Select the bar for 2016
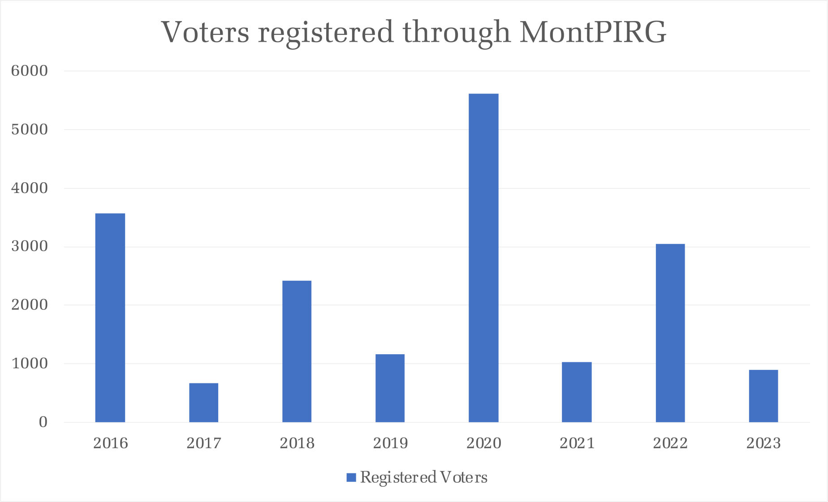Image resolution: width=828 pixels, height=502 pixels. (110, 318)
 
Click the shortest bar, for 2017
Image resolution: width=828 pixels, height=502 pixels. (203, 403)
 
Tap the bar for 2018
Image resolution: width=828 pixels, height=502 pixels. (297, 352)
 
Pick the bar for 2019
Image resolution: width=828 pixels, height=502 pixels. (390, 388)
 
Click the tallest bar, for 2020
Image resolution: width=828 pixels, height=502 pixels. (483, 258)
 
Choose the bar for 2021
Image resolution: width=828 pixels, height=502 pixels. (577, 392)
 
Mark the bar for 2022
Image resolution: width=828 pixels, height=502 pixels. (670, 333)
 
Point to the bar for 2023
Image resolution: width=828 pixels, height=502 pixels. (763, 396)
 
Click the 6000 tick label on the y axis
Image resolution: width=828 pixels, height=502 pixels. (29, 71)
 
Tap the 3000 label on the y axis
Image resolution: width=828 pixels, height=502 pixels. (29, 246)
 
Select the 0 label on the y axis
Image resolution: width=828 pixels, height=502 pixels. (43, 422)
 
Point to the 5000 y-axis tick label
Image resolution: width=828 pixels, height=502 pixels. (29, 129)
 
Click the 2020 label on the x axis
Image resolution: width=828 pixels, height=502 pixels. (483, 443)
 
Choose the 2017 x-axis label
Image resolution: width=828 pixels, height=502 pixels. (203, 443)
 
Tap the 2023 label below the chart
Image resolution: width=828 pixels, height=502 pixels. (763, 443)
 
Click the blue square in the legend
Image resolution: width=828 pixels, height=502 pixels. (351, 477)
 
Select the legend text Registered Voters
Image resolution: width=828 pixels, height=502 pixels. (423, 477)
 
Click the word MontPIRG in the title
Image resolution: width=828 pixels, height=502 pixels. (593, 32)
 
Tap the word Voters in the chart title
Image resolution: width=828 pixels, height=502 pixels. (205, 32)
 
